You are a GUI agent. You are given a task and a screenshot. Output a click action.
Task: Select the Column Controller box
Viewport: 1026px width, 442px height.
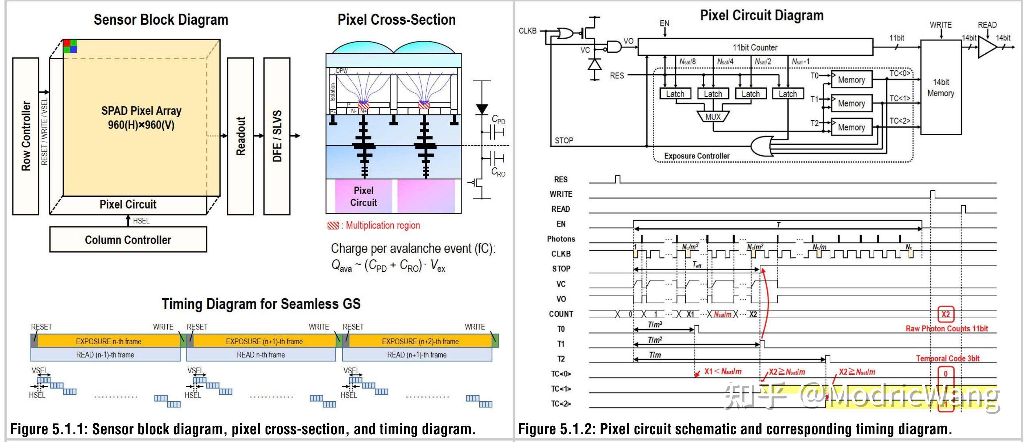[x=128, y=240]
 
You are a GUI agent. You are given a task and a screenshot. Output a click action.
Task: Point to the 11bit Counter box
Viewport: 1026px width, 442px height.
[x=755, y=47]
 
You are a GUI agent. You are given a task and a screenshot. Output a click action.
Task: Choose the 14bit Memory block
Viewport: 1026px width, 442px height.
[x=940, y=88]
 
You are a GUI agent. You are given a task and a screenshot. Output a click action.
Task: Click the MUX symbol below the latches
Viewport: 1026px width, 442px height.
[x=713, y=117]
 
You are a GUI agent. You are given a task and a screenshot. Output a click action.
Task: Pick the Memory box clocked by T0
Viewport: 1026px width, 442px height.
[x=851, y=80]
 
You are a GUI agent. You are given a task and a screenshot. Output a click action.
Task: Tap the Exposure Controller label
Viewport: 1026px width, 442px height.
[x=697, y=156]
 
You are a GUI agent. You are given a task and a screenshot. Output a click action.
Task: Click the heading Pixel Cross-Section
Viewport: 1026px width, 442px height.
[x=396, y=19]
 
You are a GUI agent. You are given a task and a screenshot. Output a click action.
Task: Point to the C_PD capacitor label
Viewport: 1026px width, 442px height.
[x=498, y=120]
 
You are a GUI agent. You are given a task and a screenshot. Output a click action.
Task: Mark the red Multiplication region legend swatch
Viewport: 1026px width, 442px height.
[x=333, y=226]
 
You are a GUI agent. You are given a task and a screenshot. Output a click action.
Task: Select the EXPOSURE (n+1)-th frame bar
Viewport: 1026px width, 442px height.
[x=264, y=341]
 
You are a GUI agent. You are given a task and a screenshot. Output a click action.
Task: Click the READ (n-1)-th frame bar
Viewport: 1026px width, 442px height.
[x=105, y=355]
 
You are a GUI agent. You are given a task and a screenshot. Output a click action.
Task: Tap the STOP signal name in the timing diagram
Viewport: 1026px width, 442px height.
[x=561, y=269]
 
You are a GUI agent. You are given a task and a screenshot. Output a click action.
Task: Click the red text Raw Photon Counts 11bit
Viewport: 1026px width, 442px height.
[x=946, y=328]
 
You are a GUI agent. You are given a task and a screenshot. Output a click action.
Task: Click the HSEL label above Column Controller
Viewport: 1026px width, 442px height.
[x=141, y=221]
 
